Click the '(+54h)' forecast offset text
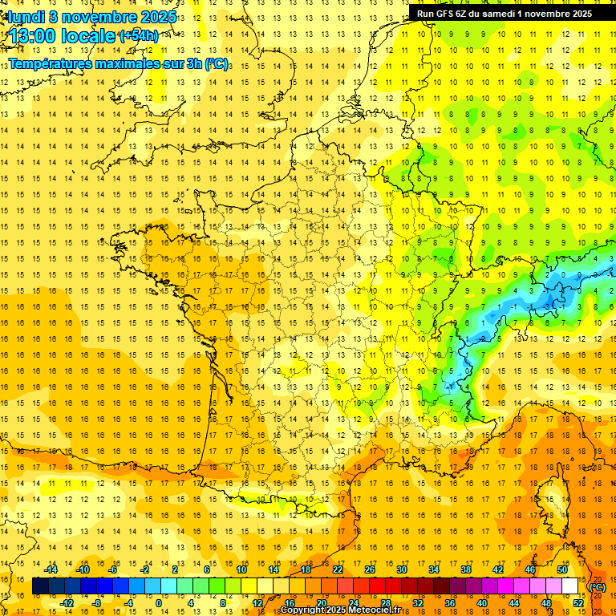tap(138, 36)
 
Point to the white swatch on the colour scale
tap(569, 586)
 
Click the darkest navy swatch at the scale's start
tap(40, 586)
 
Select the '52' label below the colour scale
tap(577, 602)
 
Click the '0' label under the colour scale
tap(159, 602)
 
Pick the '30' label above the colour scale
tap(401, 569)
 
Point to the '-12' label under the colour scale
tap(67, 602)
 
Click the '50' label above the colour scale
tap(561, 569)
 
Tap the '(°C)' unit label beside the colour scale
tap(597, 587)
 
